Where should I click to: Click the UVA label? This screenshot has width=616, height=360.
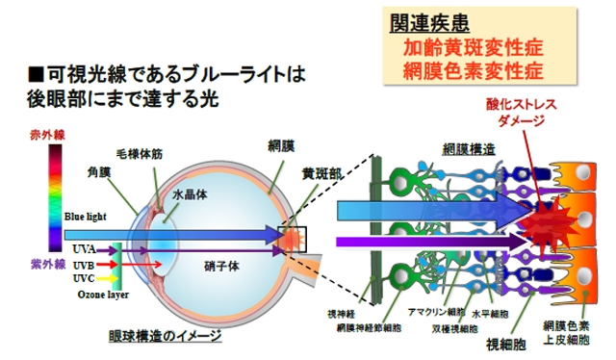(x=81, y=248)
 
